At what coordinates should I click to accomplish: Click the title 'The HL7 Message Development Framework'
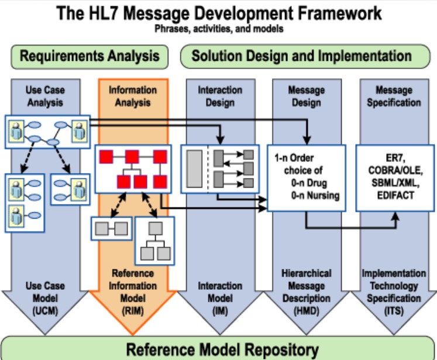tap(218, 12)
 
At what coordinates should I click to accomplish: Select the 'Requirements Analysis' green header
tap(90, 56)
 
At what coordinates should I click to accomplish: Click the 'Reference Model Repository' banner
tap(218, 349)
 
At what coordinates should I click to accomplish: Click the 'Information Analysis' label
tap(133, 96)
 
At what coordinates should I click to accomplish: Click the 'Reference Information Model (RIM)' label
tap(132, 286)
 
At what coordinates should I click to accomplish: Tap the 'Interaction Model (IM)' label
tap(219, 297)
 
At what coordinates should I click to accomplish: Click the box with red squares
tap(132, 169)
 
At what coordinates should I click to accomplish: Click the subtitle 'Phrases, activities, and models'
tap(218, 29)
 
